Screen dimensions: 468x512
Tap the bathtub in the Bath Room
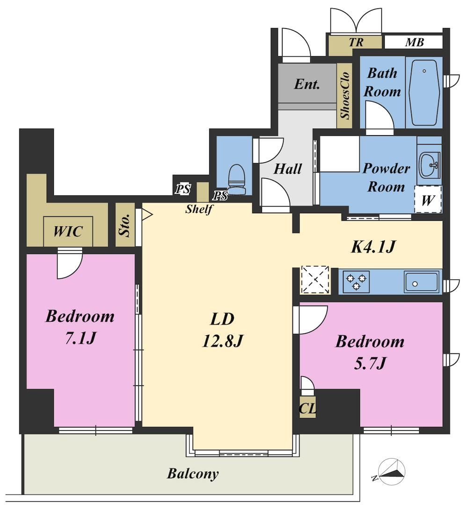click(x=424, y=93)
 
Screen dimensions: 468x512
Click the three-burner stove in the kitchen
click(x=356, y=281)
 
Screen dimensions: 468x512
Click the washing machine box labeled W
click(x=428, y=199)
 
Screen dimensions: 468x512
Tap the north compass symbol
click(x=392, y=472)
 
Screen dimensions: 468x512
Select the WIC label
click(x=68, y=231)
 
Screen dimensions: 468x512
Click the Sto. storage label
click(x=125, y=225)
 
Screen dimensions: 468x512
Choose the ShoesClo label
click(x=345, y=95)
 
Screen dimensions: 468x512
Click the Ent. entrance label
click(x=307, y=84)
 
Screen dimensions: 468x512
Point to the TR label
click(x=356, y=42)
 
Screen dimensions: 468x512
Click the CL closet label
click(x=307, y=408)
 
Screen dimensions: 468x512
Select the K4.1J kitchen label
click(x=373, y=246)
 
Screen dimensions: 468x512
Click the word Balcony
click(x=192, y=474)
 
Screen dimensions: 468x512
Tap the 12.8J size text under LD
click(x=223, y=341)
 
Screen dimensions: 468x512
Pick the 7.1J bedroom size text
click(x=80, y=338)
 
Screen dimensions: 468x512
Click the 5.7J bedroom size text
click(x=370, y=363)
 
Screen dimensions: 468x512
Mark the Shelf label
click(x=199, y=209)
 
